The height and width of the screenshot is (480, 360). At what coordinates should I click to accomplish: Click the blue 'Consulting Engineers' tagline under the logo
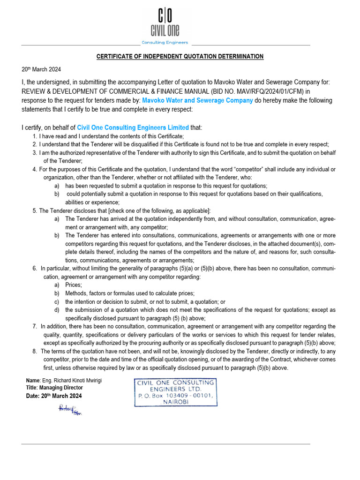coord(165,43)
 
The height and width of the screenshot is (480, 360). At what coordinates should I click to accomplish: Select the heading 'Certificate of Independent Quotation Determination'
coord(180,57)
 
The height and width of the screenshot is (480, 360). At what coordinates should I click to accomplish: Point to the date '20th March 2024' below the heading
coord(41,69)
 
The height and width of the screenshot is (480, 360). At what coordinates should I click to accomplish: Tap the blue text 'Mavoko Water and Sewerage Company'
coord(197,100)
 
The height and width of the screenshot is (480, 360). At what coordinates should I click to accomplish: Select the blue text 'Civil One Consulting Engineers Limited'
coord(133,127)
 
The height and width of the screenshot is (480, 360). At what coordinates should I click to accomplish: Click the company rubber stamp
coord(175,392)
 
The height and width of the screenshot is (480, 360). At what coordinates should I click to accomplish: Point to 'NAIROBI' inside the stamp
coord(176,402)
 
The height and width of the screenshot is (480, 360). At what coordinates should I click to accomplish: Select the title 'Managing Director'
coord(61,388)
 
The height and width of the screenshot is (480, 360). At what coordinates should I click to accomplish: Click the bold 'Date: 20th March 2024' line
coord(54,396)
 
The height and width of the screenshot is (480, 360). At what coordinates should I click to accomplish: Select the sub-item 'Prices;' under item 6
coord(74,285)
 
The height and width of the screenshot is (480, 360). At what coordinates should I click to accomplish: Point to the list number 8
coord(35,351)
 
